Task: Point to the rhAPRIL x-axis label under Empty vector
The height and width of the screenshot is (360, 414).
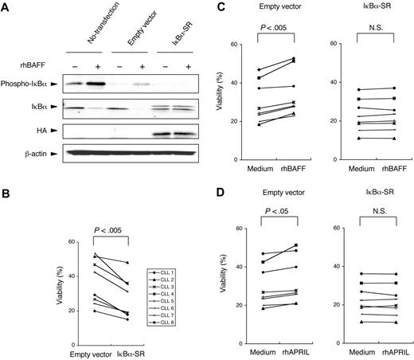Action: tap(302, 348)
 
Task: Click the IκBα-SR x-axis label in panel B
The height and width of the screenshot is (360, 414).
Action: tap(119, 348)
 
